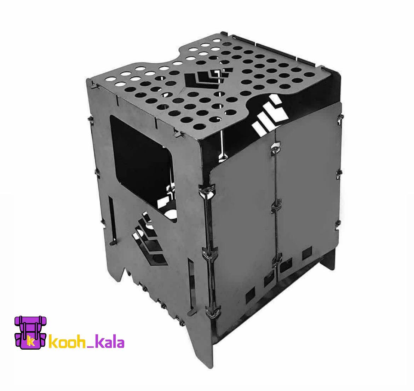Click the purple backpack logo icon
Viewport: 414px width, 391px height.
point(31,332)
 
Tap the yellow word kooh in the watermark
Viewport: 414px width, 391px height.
point(67,343)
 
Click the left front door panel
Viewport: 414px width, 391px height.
point(243,230)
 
